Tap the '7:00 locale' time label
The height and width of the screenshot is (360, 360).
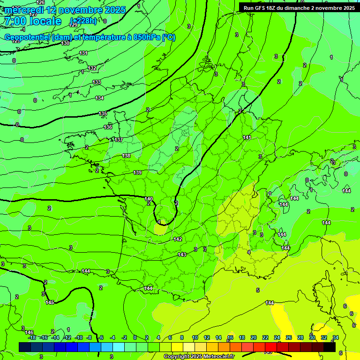pyautogui.click(x=32, y=21)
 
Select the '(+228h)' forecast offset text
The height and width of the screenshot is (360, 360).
pyautogui.click(x=83, y=21)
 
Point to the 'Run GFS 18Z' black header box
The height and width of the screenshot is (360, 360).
pyautogui.click(x=299, y=7)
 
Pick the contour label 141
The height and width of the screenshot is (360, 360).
pyautogui.click(x=247, y=137)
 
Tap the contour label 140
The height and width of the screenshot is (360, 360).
pyautogui.click(x=149, y=199)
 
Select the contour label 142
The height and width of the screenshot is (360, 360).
pyautogui.click(x=178, y=239)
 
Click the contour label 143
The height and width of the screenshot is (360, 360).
pyautogui.click(x=182, y=255)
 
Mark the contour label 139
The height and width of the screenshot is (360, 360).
pyautogui.click(x=137, y=173)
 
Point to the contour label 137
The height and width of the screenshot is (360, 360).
pyautogui.click(x=119, y=140)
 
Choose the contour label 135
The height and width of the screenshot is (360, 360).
pyautogui.click(x=103, y=114)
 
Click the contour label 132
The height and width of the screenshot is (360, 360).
pyautogui.click(x=92, y=68)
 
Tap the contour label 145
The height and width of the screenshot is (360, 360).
pyautogui.click(x=50, y=302)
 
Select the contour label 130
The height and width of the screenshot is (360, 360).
pyautogui.click(x=65, y=43)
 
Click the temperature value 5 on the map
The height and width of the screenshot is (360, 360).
pyautogui.click(x=258, y=290)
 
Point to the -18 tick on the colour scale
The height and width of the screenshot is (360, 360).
pyautogui.click(x=32, y=337)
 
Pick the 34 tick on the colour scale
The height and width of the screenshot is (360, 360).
pyautogui.click(x=336, y=337)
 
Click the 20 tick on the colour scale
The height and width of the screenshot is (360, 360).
pyautogui.click(x=254, y=337)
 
